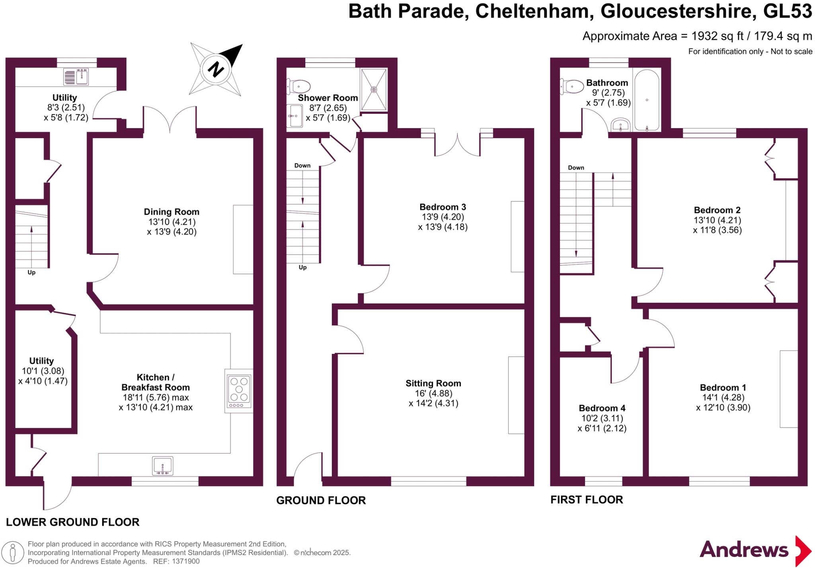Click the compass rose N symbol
[x=216, y=69]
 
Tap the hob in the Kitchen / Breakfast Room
[x=239, y=391]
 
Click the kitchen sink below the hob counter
[x=162, y=466]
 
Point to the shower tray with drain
[x=374, y=90]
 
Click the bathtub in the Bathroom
[x=647, y=100]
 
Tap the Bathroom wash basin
[x=620, y=125]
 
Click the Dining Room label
[x=172, y=212]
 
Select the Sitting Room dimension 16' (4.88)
[x=433, y=393]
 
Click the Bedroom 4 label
[x=602, y=408]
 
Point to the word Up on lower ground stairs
[x=31, y=273]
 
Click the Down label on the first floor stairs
[x=576, y=168]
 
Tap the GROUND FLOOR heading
[x=321, y=500]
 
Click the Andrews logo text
[x=744, y=550]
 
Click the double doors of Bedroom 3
[x=457, y=146]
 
